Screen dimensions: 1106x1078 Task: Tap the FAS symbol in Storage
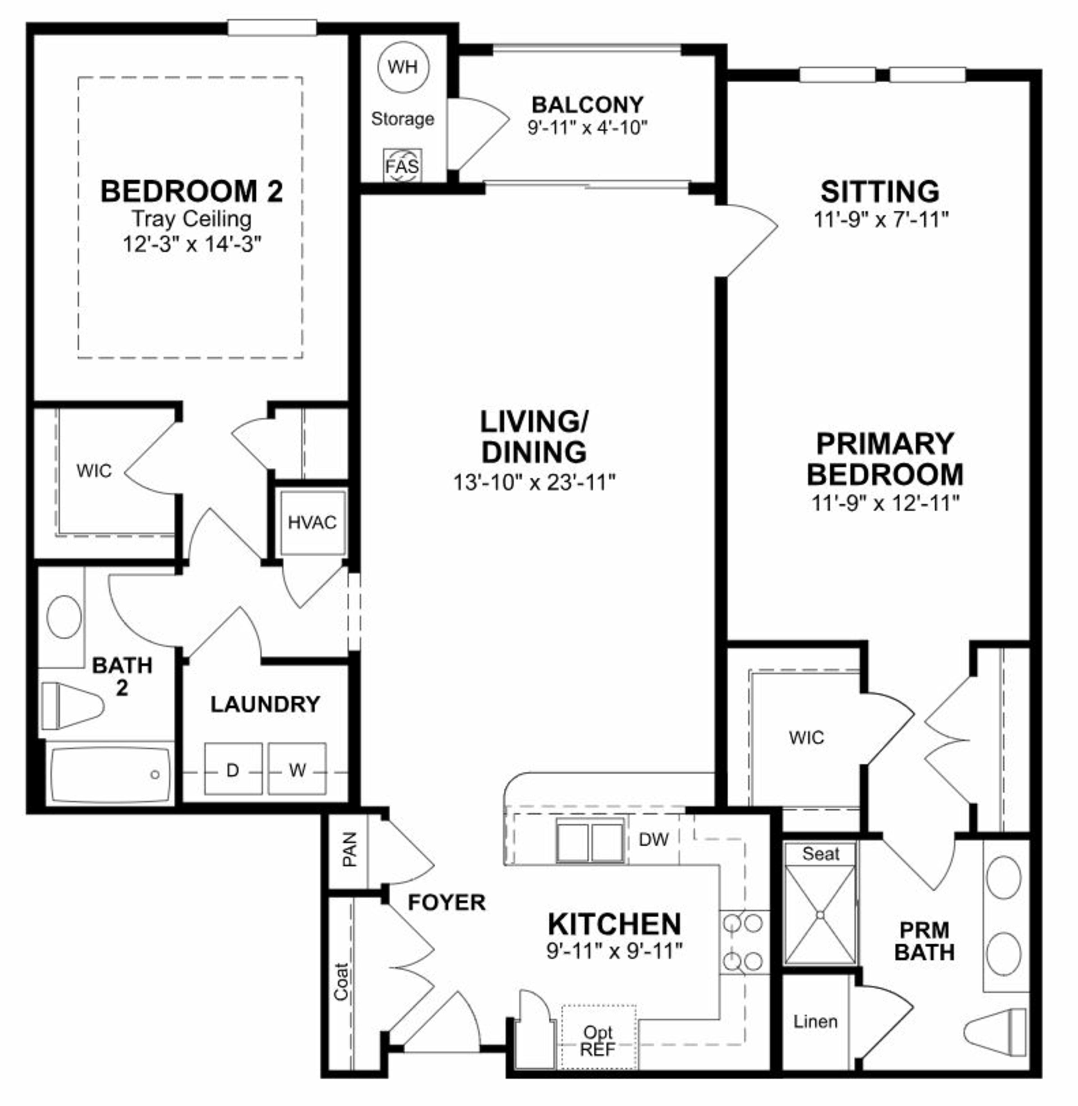(x=403, y=166)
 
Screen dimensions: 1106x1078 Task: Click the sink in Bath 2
(x=64, y=616)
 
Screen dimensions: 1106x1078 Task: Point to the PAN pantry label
(x=350, y=849)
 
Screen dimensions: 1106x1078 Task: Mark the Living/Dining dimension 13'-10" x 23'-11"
(x=534, y=482)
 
